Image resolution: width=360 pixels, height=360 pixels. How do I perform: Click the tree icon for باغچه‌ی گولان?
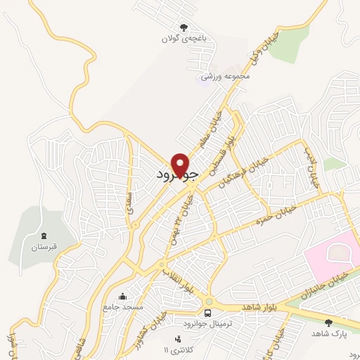coord(184,28)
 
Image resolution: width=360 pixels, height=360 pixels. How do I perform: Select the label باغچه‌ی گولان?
coord(184,39)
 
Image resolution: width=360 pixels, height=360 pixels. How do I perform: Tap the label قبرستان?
coord(45,247)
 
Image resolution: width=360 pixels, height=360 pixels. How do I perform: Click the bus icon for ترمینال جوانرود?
coord(207,313)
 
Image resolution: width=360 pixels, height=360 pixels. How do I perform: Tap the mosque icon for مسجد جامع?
coord(123,296)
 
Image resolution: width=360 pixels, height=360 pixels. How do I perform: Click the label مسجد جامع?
coord(123,307)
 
